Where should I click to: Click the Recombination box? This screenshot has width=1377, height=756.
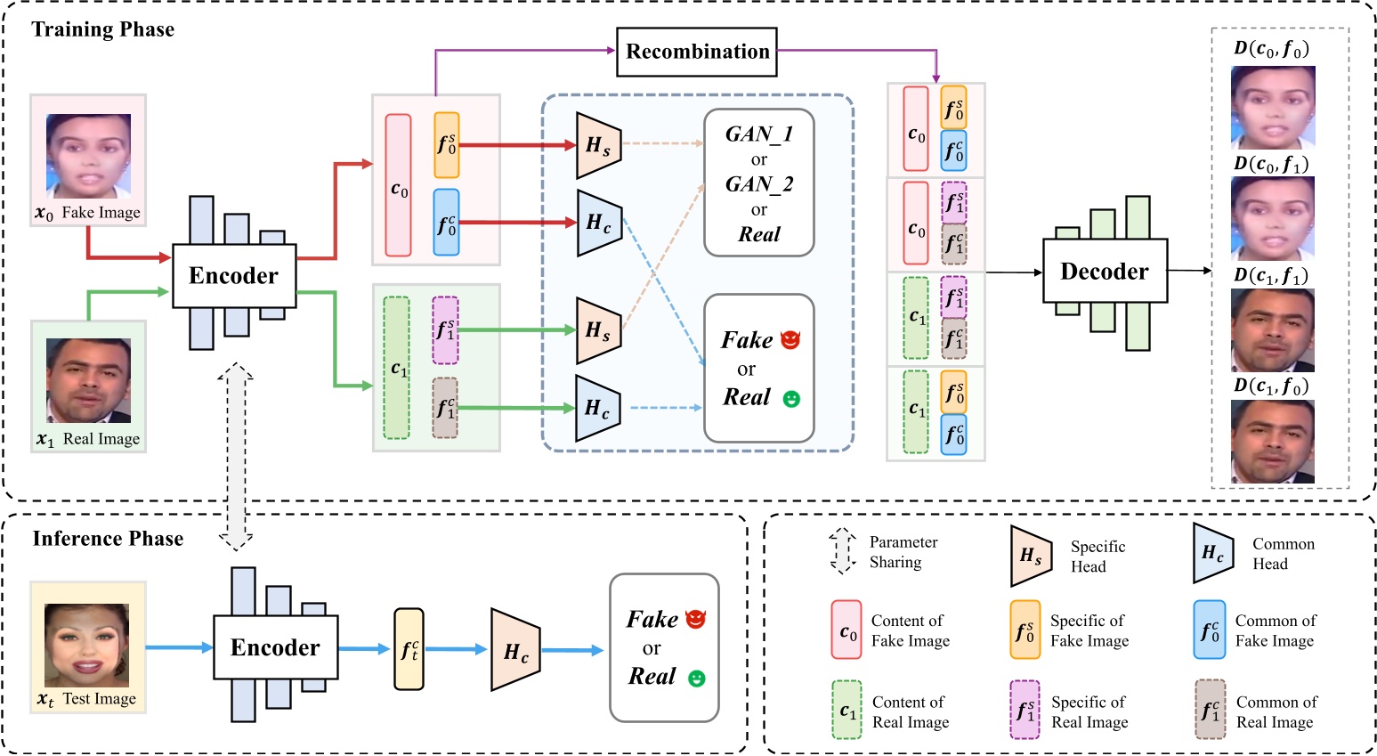[x=697, y=52]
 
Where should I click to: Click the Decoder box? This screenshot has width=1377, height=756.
[x=1104, y=272]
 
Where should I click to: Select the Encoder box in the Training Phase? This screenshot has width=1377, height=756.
[x=233, y=276]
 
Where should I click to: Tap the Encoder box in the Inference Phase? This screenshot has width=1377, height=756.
[x=275, y=647]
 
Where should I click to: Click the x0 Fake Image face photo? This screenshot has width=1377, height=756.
[x=88, y=156]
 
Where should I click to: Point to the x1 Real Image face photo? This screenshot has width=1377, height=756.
[x=88, y=380]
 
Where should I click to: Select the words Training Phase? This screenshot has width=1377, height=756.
[x=103, y=29]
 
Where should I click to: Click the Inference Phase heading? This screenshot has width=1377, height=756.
[x=108, y=539]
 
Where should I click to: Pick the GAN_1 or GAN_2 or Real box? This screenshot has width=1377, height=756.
[x=758, y=183]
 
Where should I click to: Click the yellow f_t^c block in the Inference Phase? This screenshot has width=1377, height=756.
[x=409, y=649]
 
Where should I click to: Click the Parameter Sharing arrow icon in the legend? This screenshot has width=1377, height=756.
[x=841, y=552]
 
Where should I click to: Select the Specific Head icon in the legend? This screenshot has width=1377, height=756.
[x=1032, y=556]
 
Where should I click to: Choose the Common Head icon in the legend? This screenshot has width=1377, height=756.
[x=1213, y=554]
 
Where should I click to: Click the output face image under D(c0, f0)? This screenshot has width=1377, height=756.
[x=1272, y=107]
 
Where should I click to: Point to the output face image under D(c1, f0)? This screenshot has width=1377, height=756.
[x=1272, y=442]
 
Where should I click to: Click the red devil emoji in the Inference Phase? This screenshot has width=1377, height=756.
[x=696, y=619]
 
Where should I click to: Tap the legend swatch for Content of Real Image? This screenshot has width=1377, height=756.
[x=846, y=711]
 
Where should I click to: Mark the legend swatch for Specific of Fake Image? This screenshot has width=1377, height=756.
[x=1025, y=630]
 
